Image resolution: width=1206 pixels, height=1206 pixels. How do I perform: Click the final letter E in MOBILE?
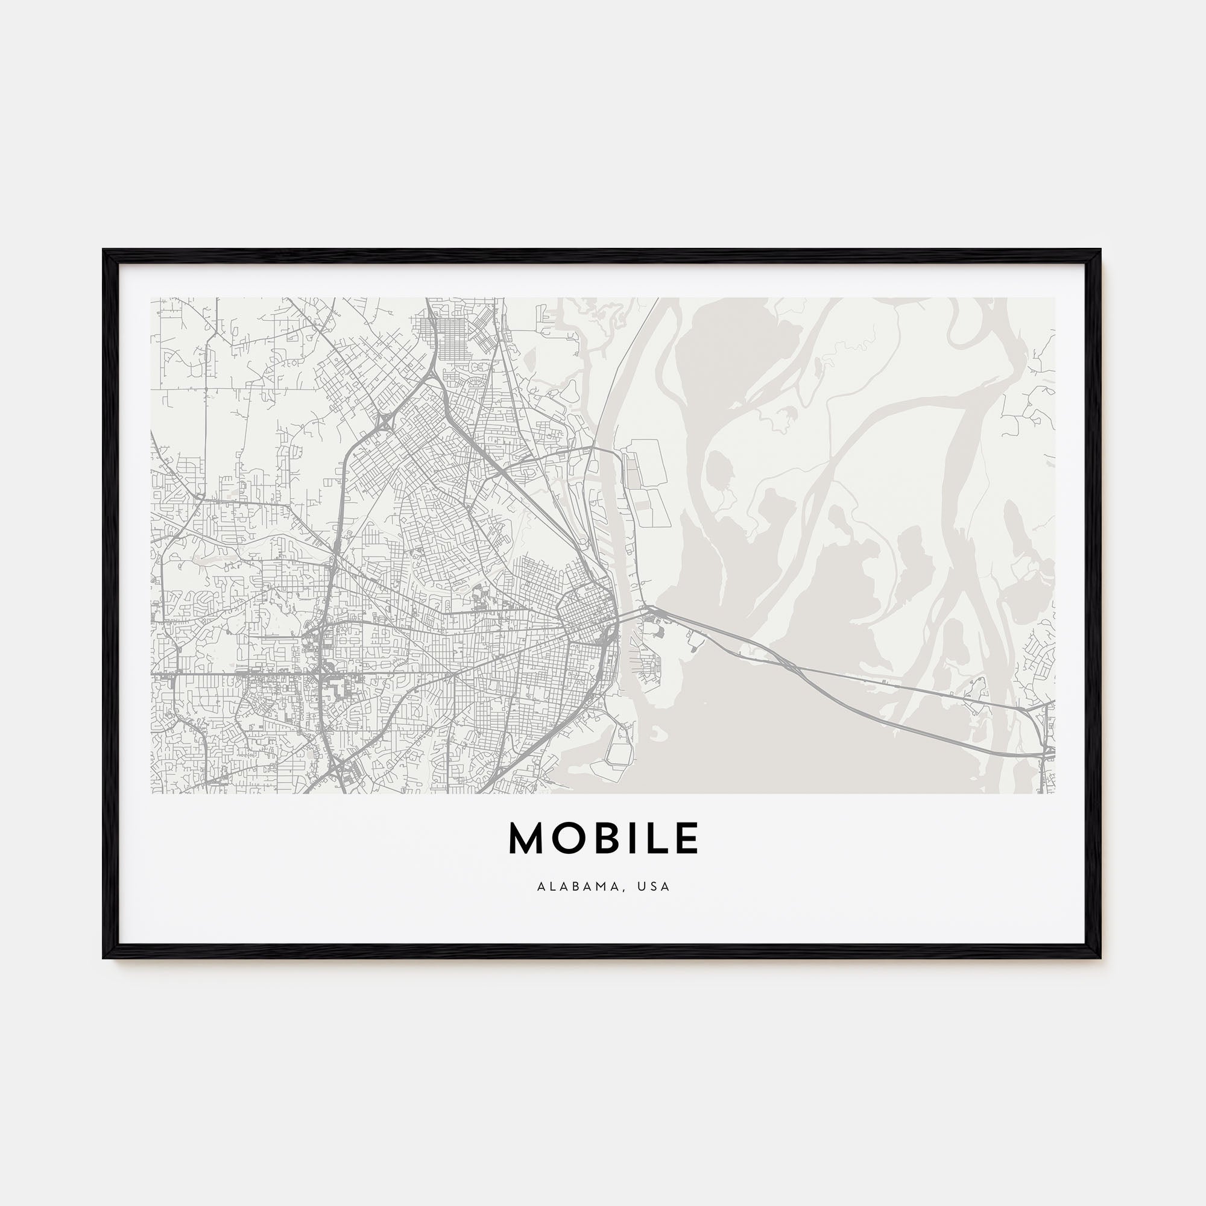pyautogui.click(x=685, y=838)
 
